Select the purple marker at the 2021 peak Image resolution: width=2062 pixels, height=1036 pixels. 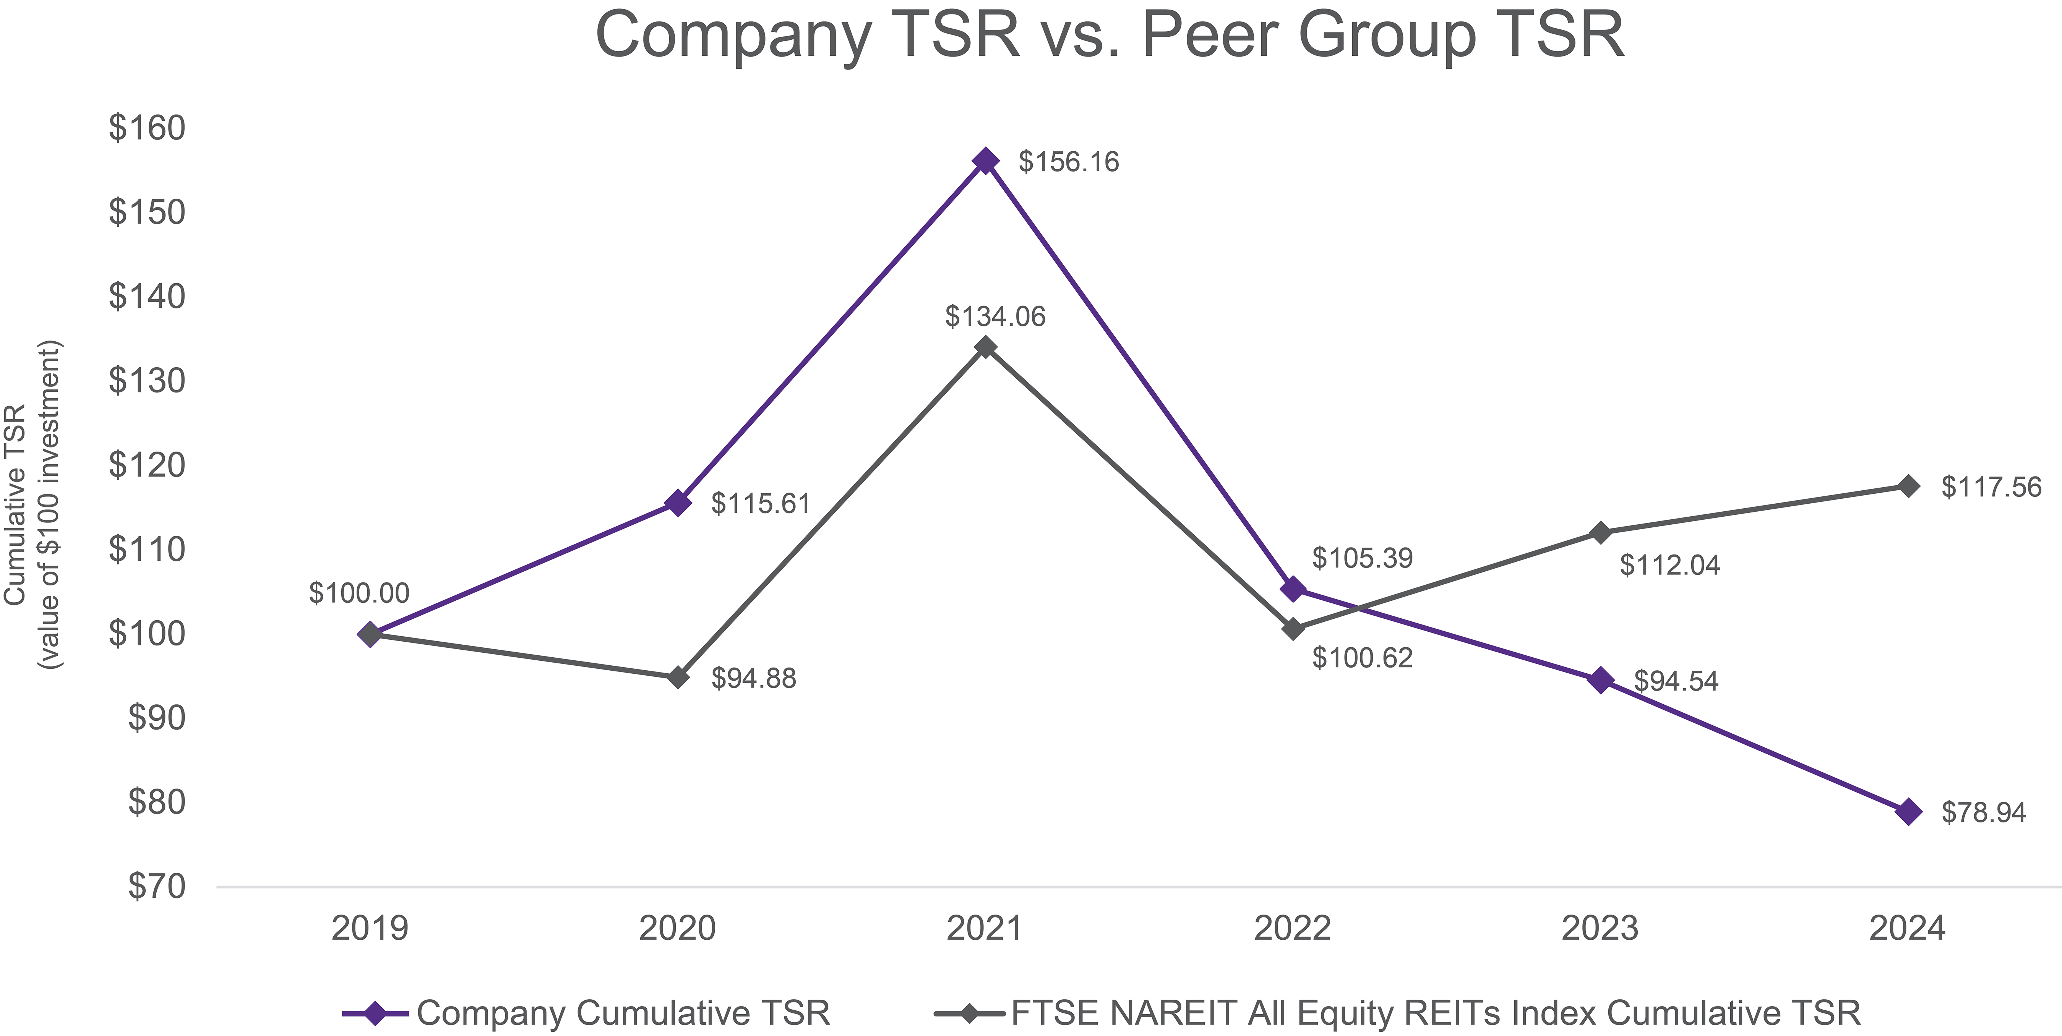tap(985, 161)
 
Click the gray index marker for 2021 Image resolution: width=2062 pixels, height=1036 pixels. tap(985, 347)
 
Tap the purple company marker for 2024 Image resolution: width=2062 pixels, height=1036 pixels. tap(1908, 812)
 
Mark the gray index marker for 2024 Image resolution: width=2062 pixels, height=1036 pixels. tap(1908, 486)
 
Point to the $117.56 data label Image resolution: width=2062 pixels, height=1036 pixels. tap(1991, 487)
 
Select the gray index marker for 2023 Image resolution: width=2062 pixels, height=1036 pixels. tap(1600, 532)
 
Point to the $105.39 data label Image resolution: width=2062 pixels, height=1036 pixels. tap(1363, 558)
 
